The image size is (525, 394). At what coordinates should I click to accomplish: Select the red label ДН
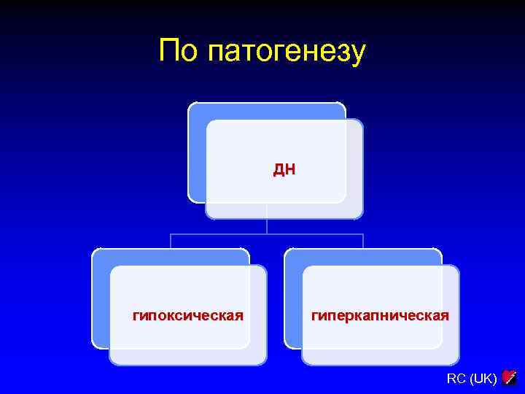tap(284, 170)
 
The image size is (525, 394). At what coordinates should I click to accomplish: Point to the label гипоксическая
tap(187, 316)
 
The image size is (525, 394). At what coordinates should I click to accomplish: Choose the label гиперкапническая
tap(380, 316)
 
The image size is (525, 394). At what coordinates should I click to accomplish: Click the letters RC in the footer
tap(456, 378)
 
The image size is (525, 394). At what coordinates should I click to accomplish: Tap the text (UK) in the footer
tap(483, 378)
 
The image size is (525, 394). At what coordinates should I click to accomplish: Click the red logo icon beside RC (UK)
tap(509, 377)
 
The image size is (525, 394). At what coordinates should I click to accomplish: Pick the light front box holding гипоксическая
tap(187, 343)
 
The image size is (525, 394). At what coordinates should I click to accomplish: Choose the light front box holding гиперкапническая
tap(380, 343)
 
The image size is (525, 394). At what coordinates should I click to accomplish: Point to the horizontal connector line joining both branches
tap(219, 234)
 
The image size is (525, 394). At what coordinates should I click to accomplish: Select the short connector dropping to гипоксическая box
tap(171, 242)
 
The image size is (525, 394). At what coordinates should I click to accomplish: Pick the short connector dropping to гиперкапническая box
tap(363, 242)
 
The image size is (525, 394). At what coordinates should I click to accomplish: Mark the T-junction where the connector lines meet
tap(267, 234)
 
